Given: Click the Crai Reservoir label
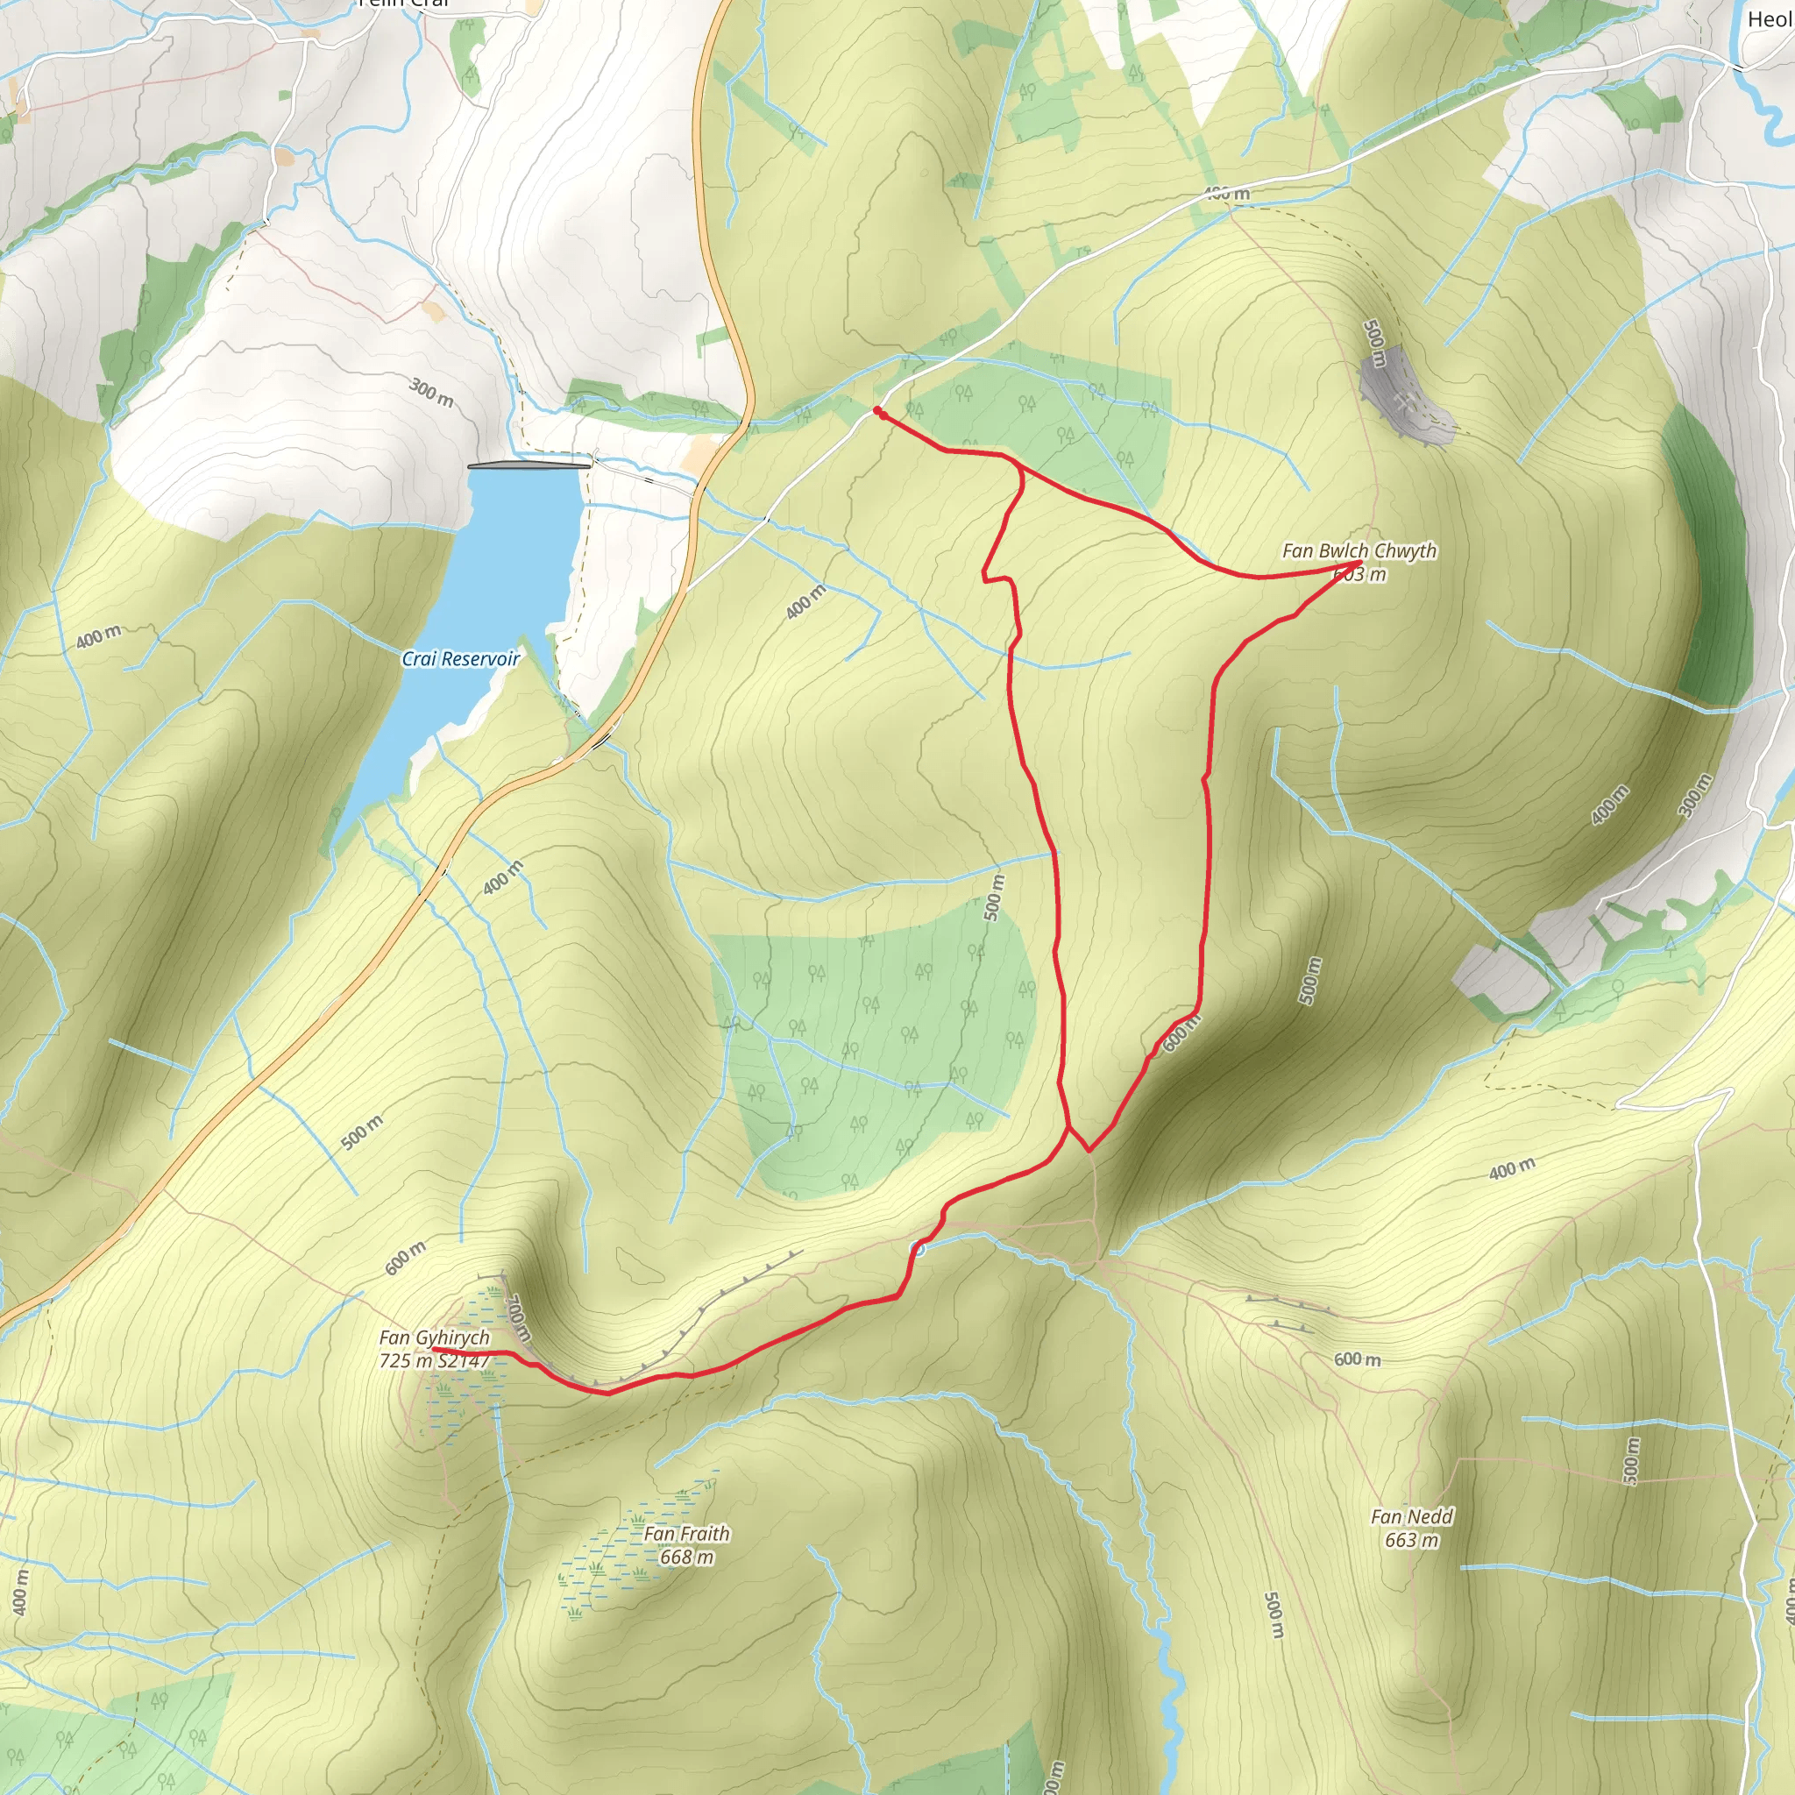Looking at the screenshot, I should pos(460,659).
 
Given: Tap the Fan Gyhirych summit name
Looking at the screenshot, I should pos(434,1337).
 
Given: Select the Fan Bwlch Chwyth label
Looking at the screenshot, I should pos(1359,551).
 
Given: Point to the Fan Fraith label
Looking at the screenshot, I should pos(686,1534).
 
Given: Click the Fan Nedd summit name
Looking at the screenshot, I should pos(1411,1517).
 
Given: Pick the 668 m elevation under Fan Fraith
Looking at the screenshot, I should pos(686,1557).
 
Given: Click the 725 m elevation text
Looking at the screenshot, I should pos(406,1361).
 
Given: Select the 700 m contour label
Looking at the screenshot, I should pos(519,1317).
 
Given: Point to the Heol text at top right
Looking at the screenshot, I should pos(1770,19).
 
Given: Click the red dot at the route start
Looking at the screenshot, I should pos(878,409).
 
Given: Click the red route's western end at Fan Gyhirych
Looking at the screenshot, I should pos(436,1349).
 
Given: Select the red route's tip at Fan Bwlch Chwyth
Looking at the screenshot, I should pos(1359,563).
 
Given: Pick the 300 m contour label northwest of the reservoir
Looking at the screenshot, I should pos(431,392).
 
